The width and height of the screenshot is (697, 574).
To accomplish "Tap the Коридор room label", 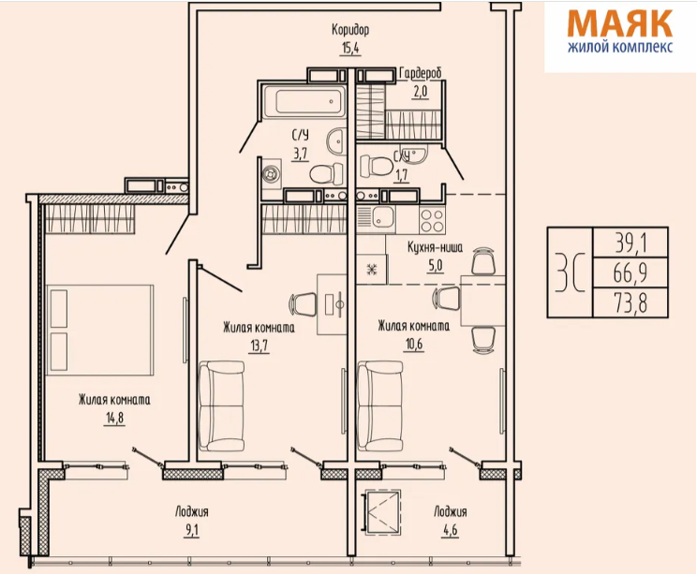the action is click(350, 30).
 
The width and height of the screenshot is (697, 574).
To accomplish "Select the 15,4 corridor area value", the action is click(350, 48).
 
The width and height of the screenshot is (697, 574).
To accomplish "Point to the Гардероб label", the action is click(421, 73).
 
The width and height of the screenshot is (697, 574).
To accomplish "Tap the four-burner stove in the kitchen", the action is click(432, 220).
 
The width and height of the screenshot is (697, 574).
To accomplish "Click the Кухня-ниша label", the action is click(436, 247).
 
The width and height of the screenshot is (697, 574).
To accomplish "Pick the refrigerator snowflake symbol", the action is click(371, 270).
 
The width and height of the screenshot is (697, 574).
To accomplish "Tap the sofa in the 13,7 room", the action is click(221, 405).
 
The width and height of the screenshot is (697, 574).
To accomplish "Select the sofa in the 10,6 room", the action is click(380, 405).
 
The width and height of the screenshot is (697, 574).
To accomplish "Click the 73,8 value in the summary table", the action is click(630, 303).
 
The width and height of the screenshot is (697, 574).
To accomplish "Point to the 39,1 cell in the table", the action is click(630, 243).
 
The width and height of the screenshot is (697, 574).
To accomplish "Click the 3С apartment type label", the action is click(570, 272).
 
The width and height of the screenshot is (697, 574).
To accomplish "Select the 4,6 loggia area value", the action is click(450, 531).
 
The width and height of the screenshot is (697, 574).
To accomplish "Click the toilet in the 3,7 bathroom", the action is click(327, 173).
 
